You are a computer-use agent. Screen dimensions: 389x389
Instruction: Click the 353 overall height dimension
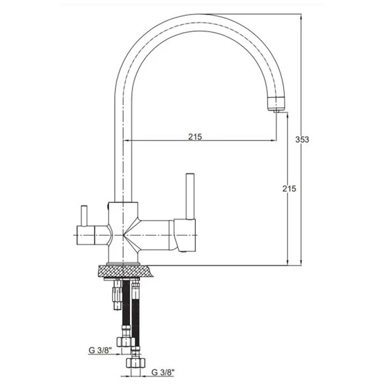[x=302, y=140]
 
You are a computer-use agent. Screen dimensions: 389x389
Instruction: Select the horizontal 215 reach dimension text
[x=195, y=137]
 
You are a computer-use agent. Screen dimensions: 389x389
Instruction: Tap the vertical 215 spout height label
[x=289, y=189]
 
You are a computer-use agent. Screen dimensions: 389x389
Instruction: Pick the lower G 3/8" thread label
[x=163, y=372]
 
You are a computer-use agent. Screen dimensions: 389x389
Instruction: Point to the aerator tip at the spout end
[x=277, y=111]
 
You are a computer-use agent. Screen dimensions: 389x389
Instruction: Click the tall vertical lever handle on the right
[x=190, y=196]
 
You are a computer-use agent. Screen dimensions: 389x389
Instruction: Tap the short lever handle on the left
[x=84, y=216]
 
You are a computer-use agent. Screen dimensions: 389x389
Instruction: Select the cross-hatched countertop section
[x=126, y=271]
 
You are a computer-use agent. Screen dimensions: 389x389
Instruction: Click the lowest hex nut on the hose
[x=135, y=363]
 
